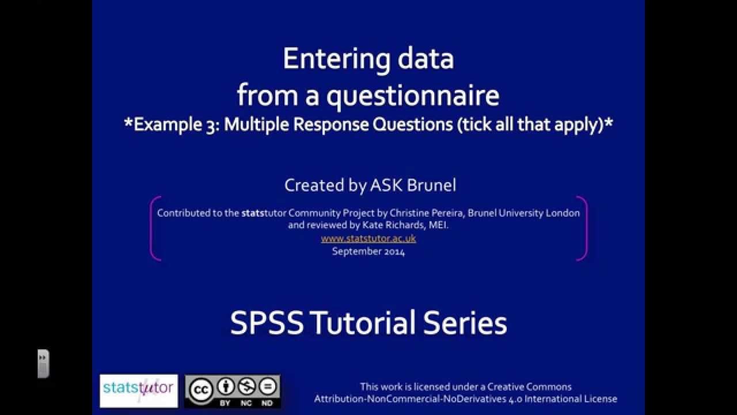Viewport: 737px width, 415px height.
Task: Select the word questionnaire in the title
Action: tap(412, 96)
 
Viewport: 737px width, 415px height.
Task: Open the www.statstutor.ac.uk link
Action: tap(368, 238)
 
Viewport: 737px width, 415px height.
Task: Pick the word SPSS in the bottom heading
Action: tap(267, 323)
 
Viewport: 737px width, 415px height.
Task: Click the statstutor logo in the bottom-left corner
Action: tap(139, 391)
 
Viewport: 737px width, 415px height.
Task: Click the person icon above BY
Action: tap(226, 386)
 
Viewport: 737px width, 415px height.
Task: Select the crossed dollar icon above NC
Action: tap(247, 386)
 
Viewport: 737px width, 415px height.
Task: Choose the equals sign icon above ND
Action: tap(268, 386)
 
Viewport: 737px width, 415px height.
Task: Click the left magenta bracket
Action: tap(153, 228)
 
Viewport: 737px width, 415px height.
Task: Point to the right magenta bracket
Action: tap(584, 228)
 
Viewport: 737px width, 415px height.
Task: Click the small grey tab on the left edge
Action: tap(43, 364)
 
